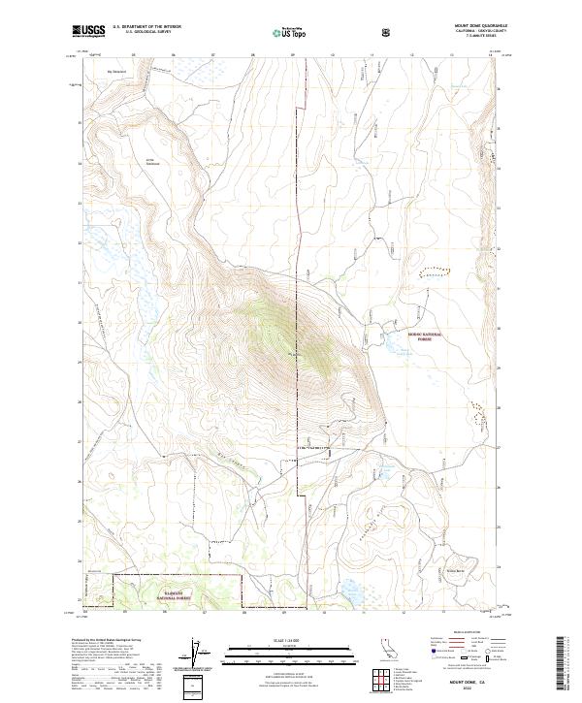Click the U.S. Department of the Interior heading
coord(146,26)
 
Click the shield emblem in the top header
coord(386,32)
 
